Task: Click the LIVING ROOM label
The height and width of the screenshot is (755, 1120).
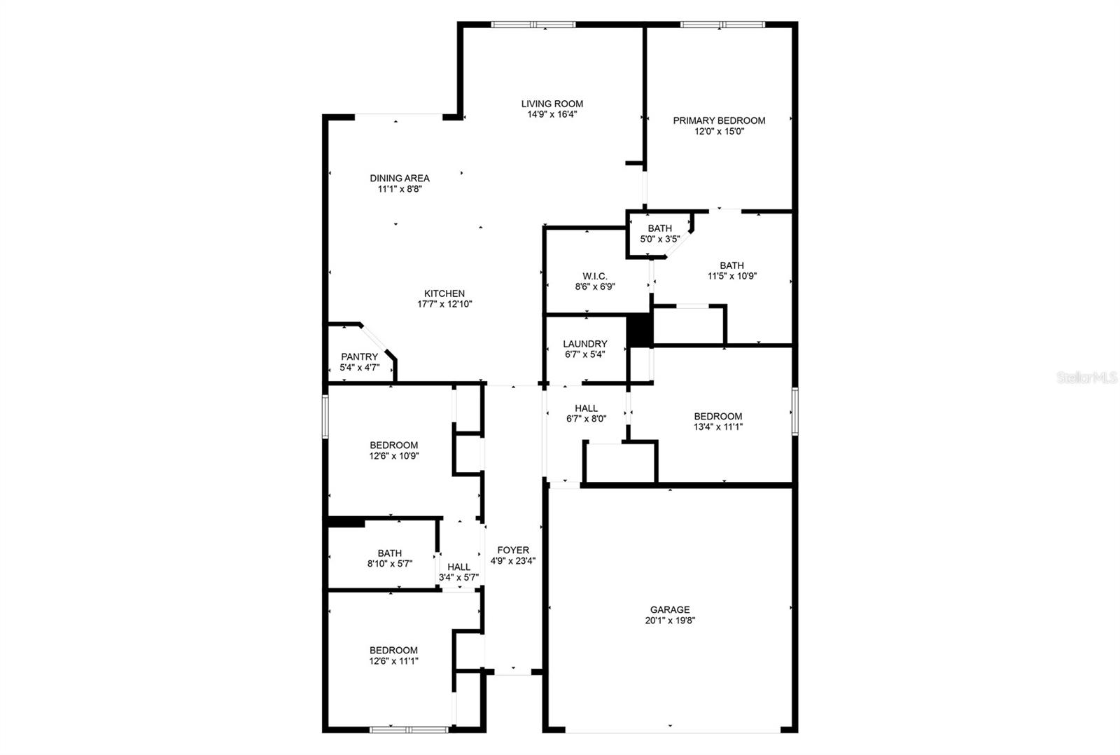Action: pyautogui.click(x=552, y=104)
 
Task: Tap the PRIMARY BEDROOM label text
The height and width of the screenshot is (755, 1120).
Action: pyautogui.click(x=719, y=120)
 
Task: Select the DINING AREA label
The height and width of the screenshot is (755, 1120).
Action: pyautogui.click(x=400, y=178)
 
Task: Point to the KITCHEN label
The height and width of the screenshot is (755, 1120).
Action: pyautogui.click(x=444, y=293)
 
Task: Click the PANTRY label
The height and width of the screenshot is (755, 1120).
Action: pyautogui.click(x=359, y=356)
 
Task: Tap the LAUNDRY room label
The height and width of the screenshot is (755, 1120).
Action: pyautogui.click(x=585, y=344)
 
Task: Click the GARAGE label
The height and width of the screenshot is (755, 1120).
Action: pyautogui.click(x=670, y=609)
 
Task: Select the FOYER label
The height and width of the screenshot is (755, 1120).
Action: pyautogui.click(x=513, y=550)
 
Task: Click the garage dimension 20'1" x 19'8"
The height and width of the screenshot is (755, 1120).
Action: pyautogui.click(x=670, y=620)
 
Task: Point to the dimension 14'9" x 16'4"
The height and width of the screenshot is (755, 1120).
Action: pyautogui.click(x=552, y=114)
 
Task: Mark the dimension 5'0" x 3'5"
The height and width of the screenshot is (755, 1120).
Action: pyautogui.click(x=659, y=239)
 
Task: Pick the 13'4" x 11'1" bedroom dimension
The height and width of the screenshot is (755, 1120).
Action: pyautogui.click(x=718, y=427)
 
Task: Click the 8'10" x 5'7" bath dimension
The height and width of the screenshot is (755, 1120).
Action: pyautogui.click(x=390, y=563)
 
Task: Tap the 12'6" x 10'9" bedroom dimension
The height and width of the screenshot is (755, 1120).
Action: pyautogui.click(x=394, y=455)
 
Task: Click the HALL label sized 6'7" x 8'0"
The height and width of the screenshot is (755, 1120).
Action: pyautogui.click(x=587, y=408)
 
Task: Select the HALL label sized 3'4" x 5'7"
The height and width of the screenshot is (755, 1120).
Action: pyautogui.click(x=458, y=567)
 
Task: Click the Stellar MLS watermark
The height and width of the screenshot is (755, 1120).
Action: pyautogui.click(x=1086, y=377)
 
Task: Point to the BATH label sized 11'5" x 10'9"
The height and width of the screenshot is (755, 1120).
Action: pyautogui.click(x=731, y=265)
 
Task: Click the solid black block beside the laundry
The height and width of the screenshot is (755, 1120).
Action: pyautogui.click(x=639, y=330)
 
